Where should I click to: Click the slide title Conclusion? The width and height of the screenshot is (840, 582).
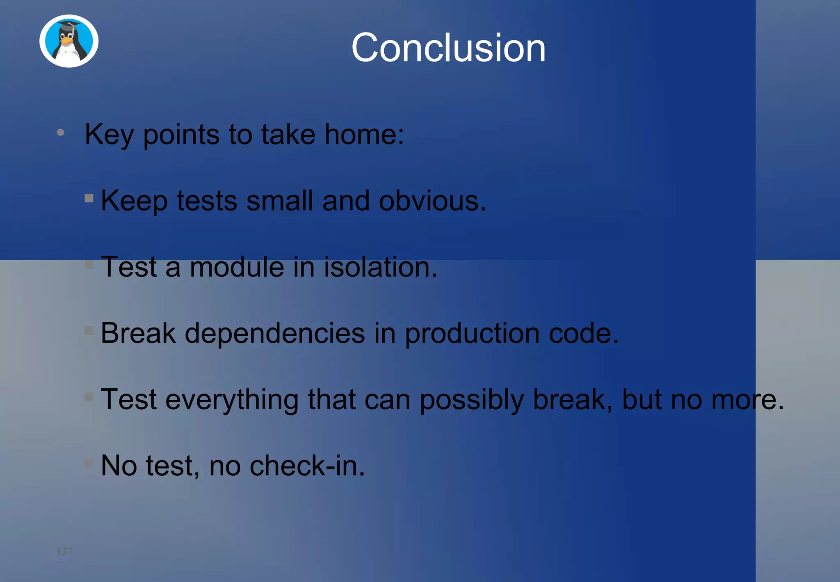[448, 48]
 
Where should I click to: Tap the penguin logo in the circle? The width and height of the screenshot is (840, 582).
[69, 41]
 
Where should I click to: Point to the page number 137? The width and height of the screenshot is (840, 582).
[64, 551]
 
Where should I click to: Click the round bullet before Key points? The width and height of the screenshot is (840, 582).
[61, 132]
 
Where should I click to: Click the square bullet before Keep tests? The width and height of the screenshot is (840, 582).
[89, 198]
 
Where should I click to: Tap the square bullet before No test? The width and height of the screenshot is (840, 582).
[89, 463]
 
